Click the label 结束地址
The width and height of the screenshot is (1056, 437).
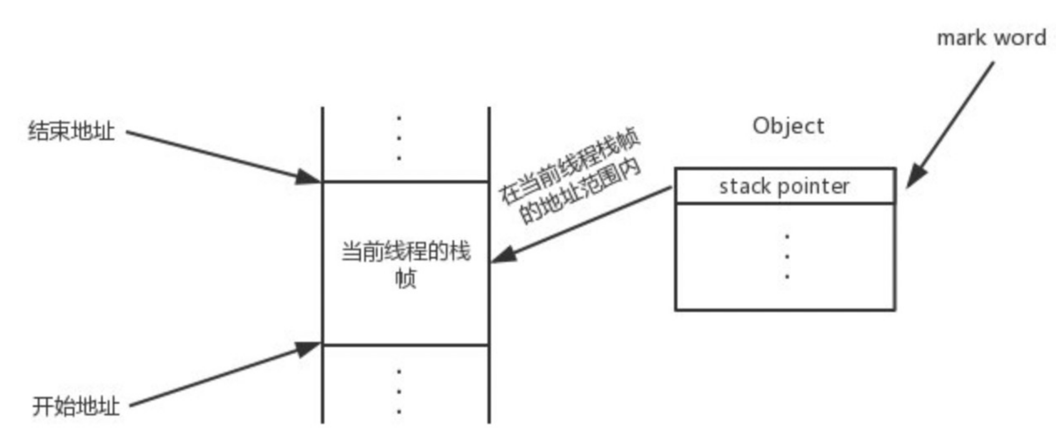(x=71, y=132)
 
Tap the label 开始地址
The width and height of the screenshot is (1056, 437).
(x=76, y=406)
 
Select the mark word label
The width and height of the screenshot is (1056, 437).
(x=991, y=38)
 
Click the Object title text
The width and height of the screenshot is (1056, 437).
(x=788, y=126)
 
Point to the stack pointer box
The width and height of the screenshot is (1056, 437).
(x=784, y=186)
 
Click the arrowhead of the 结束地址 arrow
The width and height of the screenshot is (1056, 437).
(x=309, y=177)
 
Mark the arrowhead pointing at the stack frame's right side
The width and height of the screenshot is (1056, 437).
(x=503, y=255)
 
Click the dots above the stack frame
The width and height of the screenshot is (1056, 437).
(x=399, y=138)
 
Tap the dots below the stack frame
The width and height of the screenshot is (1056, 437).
(x=399, y=391)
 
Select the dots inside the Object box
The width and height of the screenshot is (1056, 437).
(x=787, y=256)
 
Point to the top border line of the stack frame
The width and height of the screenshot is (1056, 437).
(x=405, y=181)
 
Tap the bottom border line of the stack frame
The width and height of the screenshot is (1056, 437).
(x=405, y=345)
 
